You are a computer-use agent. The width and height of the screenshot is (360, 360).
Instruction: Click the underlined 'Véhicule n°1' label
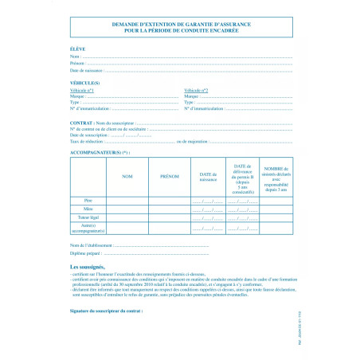point(83,91)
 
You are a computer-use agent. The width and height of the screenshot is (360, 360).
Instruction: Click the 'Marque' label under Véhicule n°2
point(190,96)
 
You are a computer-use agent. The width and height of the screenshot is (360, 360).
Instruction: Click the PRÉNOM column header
point(170,175)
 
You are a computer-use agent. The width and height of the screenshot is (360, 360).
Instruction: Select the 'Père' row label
point(88,199)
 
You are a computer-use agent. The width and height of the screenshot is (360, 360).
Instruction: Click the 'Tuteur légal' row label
point(88,217)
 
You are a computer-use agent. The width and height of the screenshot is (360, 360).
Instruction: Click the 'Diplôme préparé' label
point(86,252)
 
